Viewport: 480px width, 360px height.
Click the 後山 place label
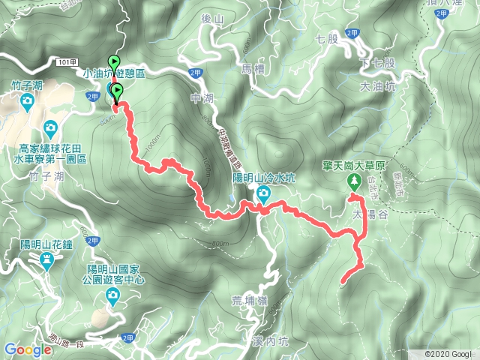click(x=214, y=39)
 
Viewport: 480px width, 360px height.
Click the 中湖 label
click(x=202, y=97)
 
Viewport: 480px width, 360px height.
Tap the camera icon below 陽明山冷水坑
click(x=264, y=195)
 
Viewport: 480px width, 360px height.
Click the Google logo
click(x=28, y=349)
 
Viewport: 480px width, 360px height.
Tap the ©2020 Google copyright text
click(x=449, y=353)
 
